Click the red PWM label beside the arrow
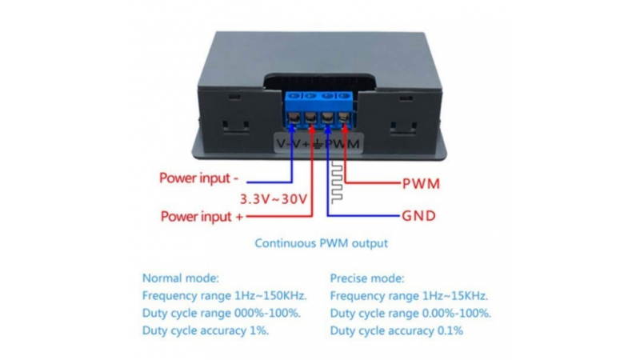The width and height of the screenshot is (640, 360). point(420,182)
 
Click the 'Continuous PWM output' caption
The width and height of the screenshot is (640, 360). point(320,243)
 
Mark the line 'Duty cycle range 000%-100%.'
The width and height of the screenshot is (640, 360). point(222,313)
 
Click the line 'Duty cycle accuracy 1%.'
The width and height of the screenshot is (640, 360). point(206,330)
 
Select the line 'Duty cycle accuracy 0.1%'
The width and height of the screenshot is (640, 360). point(397,330)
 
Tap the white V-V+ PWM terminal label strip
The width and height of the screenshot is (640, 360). point(318,143)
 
